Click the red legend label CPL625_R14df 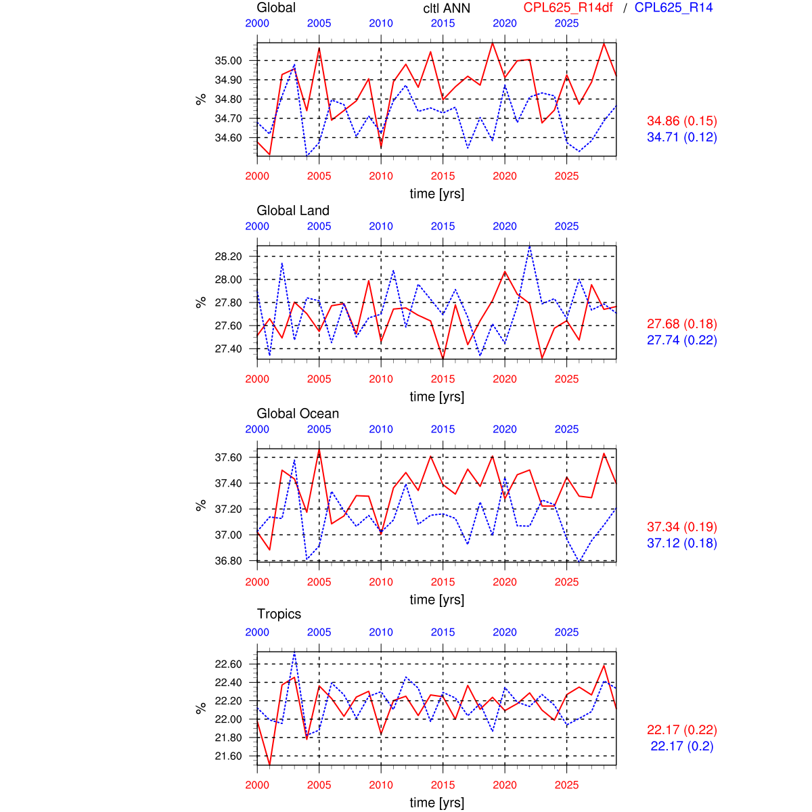pos(568,7)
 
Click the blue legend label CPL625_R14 pos(674,7)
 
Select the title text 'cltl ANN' pos(447,8)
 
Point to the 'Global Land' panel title pos(293,210)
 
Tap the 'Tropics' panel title pos(279,614)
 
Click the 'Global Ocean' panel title pos(298,413)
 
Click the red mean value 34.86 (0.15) pos(682,121)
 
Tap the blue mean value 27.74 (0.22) pos(682,340)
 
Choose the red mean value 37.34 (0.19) pos(682,527)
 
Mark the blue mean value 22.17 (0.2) pos(682,746)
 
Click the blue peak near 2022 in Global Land pos(530,246)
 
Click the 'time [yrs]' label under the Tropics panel pos(437,803)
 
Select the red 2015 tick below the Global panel pos(443,176)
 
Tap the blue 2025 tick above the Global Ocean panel pos(567,429)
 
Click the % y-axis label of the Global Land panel pos(200,302)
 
